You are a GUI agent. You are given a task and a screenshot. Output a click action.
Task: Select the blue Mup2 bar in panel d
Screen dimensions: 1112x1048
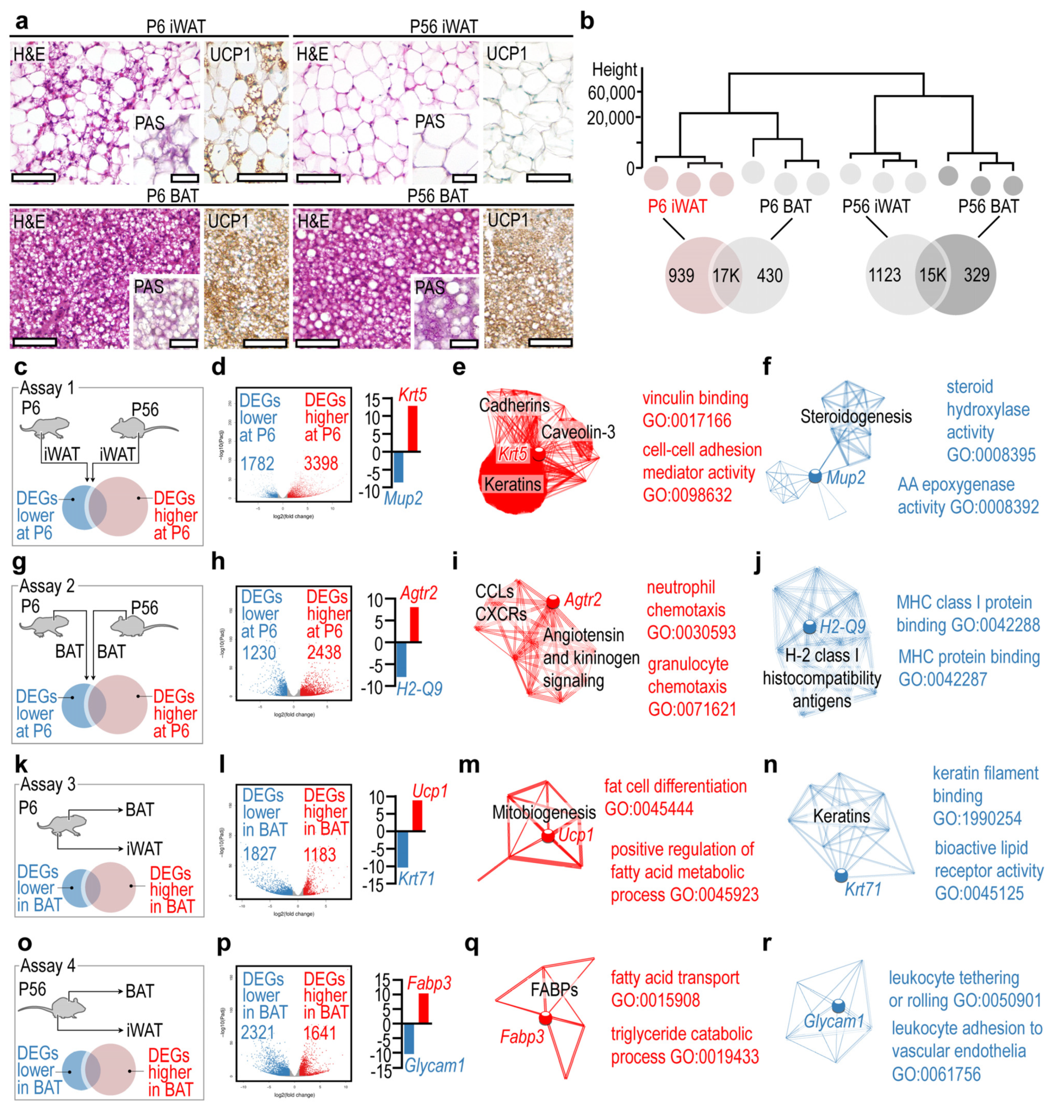coord(398,466)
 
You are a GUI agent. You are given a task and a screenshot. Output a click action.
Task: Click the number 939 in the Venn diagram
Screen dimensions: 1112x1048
coord(681,275)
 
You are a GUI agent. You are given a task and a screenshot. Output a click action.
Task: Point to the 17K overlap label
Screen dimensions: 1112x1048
coord(726,275)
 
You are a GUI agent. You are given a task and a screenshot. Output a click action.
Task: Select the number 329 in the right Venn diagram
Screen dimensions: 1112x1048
coord(976,275)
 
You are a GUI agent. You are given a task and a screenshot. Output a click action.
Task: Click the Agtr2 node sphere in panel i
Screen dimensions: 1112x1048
coord(553,602)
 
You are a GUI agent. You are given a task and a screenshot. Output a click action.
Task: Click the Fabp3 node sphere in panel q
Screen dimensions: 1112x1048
coord(545,1018)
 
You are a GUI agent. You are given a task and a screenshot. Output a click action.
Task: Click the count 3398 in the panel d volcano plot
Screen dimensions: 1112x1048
coord(321,463)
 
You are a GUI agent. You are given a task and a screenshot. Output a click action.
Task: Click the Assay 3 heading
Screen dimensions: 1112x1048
coord(48,784)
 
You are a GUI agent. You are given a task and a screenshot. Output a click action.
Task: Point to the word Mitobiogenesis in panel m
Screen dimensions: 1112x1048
coord(543,812)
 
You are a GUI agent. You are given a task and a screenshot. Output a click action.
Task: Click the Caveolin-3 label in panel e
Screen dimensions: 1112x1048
coord(578,432)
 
